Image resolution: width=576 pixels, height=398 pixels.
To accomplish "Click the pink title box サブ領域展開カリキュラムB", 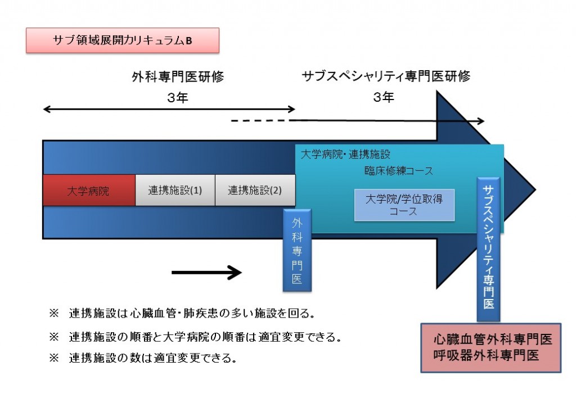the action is (x=122, y=40).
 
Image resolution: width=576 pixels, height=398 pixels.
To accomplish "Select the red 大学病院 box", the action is (x=89, y=190).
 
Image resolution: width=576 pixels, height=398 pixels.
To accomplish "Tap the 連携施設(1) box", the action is (x=175, y=190).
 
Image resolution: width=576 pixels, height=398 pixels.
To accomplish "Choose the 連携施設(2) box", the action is (x=255, y=190).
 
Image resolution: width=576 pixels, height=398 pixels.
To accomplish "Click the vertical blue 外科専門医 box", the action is (x=297, y=250).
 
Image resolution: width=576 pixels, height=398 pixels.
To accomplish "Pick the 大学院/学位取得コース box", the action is (x=404, y=205).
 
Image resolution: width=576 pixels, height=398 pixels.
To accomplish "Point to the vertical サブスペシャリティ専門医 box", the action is (x=489, y=249).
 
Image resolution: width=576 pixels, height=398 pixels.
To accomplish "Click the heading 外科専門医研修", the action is (x=178, y=77).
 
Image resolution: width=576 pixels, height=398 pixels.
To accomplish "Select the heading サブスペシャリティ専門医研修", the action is (x=386, y=76).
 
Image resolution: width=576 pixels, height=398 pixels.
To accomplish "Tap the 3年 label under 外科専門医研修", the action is (x=178, y=98).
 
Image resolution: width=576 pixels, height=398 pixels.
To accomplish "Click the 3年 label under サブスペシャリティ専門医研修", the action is (x=384, y=97).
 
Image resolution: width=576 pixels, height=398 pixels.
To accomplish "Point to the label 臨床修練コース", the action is (x=399, y=171).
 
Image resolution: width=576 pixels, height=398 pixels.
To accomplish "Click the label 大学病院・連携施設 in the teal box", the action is (x=345, y=154).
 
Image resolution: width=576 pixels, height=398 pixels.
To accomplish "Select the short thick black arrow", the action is (x=207, y=273).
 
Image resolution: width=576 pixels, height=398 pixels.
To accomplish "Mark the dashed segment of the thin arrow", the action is (x=261, y=120).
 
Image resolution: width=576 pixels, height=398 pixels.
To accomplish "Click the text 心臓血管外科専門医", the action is (x=493, y=339).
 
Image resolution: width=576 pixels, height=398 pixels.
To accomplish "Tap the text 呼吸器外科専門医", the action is (x=486, y=355).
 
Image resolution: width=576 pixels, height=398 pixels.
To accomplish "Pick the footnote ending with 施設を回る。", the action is (x=183, y=313).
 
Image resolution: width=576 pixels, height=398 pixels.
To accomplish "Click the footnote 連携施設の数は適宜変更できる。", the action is (x=143, y=358).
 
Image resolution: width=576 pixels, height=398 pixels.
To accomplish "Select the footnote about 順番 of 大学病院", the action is (x=195, y=337).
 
